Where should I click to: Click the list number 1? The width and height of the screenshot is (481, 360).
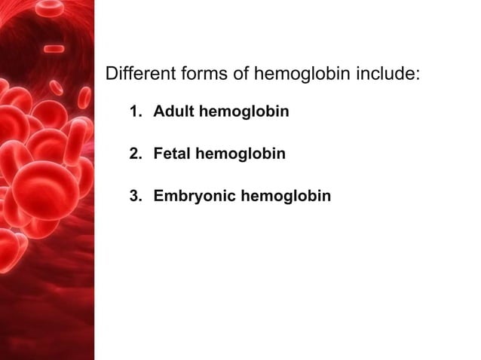pos(134,112)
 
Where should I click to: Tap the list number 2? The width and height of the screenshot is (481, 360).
pos(134,154)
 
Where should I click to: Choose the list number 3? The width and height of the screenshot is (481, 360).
pos(134,197)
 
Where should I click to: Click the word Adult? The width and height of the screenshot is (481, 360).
pos(172,112)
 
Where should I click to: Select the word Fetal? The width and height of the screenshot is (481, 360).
pos(172,154)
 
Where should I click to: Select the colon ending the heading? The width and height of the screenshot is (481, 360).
pos(417,76)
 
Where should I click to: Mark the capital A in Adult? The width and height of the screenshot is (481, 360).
pos(159,112)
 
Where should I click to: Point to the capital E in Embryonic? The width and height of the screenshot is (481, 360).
pos(158,197)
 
